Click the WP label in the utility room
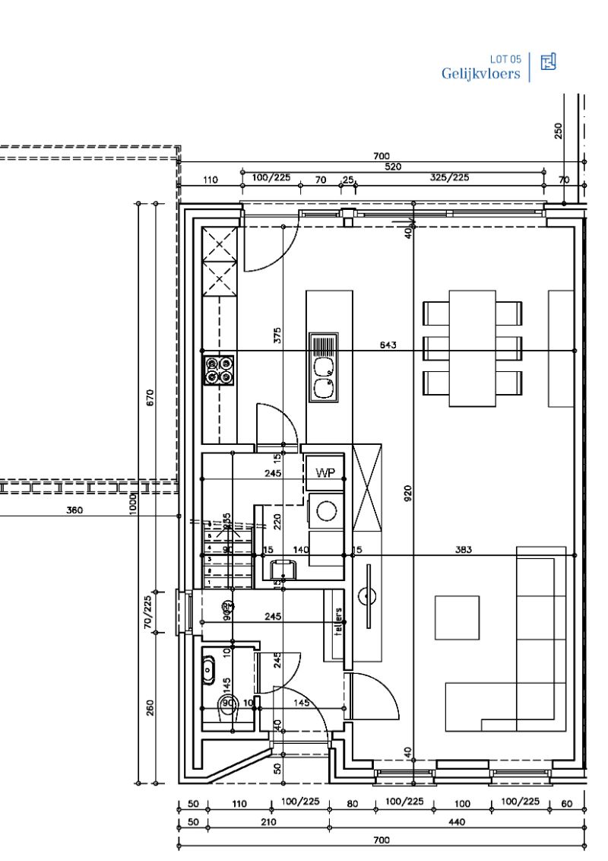pos(325,472)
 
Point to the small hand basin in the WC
pos(208,670)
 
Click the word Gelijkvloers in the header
pos(481,74)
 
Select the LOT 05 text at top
pos(505,59)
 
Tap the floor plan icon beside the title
pos(548,62)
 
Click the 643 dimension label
pos(388,345)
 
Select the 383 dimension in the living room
pos(464,549)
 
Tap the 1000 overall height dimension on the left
pos(132,501)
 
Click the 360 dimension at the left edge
pos(74,510)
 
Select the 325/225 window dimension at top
pos(450,177)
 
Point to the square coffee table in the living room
pos(458,617)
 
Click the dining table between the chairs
pos(472,348)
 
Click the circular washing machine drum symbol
pos(326,510)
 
